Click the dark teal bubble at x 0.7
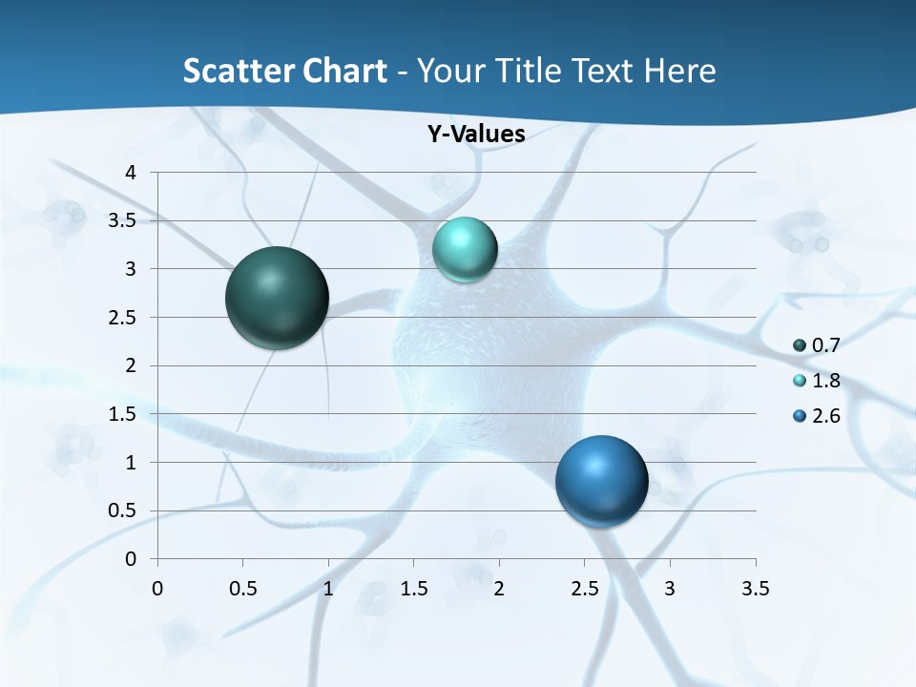pos(278,298)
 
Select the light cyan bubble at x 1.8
pos(465,250)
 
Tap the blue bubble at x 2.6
pos(602,481)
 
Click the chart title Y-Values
pos(476,135)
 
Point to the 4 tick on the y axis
pos(131,173)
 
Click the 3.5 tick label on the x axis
pos(755,589)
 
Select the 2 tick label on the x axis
pos(499,589)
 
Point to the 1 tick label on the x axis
pos(328,589)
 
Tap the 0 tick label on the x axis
pos(157,589)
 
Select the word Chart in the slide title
pos(344,71)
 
